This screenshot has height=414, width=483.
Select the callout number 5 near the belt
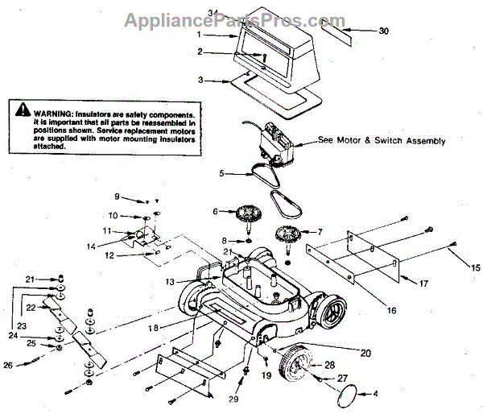point(221,172)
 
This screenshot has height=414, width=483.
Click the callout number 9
point(116,197)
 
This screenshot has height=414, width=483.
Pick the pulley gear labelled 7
point(288,234)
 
